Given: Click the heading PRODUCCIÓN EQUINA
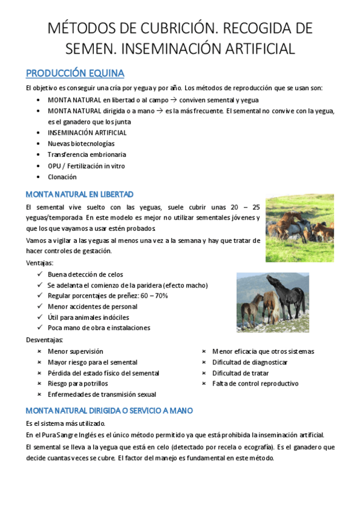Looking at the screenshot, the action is [75, 73].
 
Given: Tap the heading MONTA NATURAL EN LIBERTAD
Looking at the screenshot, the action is [80, 194].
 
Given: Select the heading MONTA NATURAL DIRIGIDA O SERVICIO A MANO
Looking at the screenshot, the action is [109, 411].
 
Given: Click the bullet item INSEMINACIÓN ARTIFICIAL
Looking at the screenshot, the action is [87, 133].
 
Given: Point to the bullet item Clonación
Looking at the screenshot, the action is [63, 177].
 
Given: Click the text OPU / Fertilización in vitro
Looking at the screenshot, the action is [87, 166].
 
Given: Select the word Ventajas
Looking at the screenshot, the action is [40, 263].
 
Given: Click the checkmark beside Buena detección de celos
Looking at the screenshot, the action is [40, 274].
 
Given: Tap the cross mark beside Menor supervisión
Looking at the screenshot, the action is [40, 351].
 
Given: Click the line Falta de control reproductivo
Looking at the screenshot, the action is [255, 384].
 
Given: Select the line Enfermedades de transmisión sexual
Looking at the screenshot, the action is [102, 395].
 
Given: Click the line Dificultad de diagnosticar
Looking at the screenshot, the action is [249, 362].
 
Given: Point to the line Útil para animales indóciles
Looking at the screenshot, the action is [88, 318].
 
